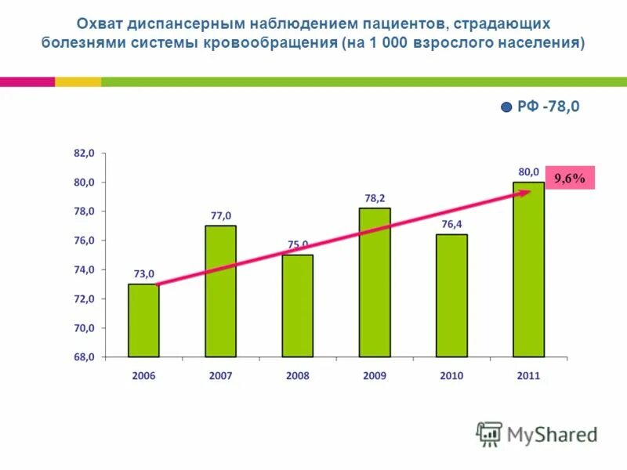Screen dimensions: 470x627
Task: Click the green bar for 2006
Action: point(143,320)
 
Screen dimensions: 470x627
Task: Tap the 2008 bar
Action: point(297,305)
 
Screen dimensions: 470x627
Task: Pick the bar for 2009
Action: point(375,282)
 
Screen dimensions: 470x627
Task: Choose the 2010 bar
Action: point(451,295)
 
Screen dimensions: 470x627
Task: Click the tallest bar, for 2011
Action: point(528,269)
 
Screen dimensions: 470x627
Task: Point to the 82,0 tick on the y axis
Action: point(84,154)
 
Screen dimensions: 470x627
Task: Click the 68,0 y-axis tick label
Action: point(84,357)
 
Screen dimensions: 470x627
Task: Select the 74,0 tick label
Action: point(84,269)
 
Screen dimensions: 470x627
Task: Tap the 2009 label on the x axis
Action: point(375,376)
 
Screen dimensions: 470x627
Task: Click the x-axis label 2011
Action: point(528,376)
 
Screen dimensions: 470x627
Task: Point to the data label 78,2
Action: point(375,198)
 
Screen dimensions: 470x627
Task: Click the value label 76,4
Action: point(451,224)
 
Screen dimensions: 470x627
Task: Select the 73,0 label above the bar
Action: point(143,273)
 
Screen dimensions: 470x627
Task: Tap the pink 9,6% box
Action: point(570,179)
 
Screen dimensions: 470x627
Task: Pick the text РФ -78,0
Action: point(549,107)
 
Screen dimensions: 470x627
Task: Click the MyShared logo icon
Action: point(489,433)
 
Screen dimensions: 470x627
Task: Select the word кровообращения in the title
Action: point(270,42)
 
